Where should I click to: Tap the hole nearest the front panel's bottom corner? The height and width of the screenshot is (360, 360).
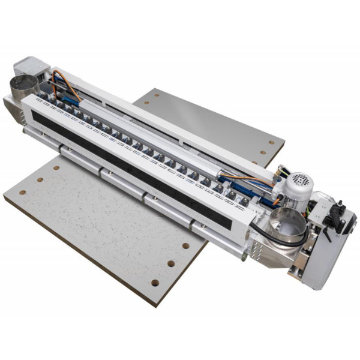point(155,282)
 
